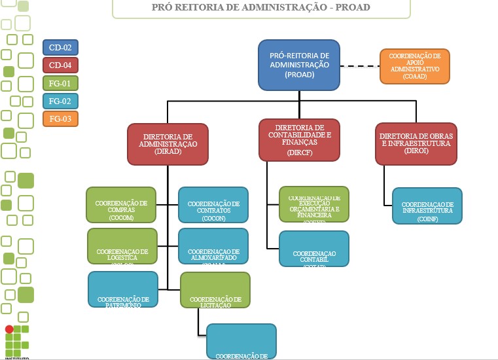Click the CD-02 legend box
[61, 48]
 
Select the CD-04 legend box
[61, 65]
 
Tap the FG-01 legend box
[61, 83]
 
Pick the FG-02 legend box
[61, 101]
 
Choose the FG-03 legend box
[61, 118]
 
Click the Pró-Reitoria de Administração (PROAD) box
[299, 65]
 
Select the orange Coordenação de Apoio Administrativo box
[415, 66]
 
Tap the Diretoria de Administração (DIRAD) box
[168, 143]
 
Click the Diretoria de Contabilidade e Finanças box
[299, 139]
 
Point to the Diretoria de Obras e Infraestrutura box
[415, 143]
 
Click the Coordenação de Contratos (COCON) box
[213, 205]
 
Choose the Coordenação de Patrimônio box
[123, 289]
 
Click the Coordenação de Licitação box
[215, 289]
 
